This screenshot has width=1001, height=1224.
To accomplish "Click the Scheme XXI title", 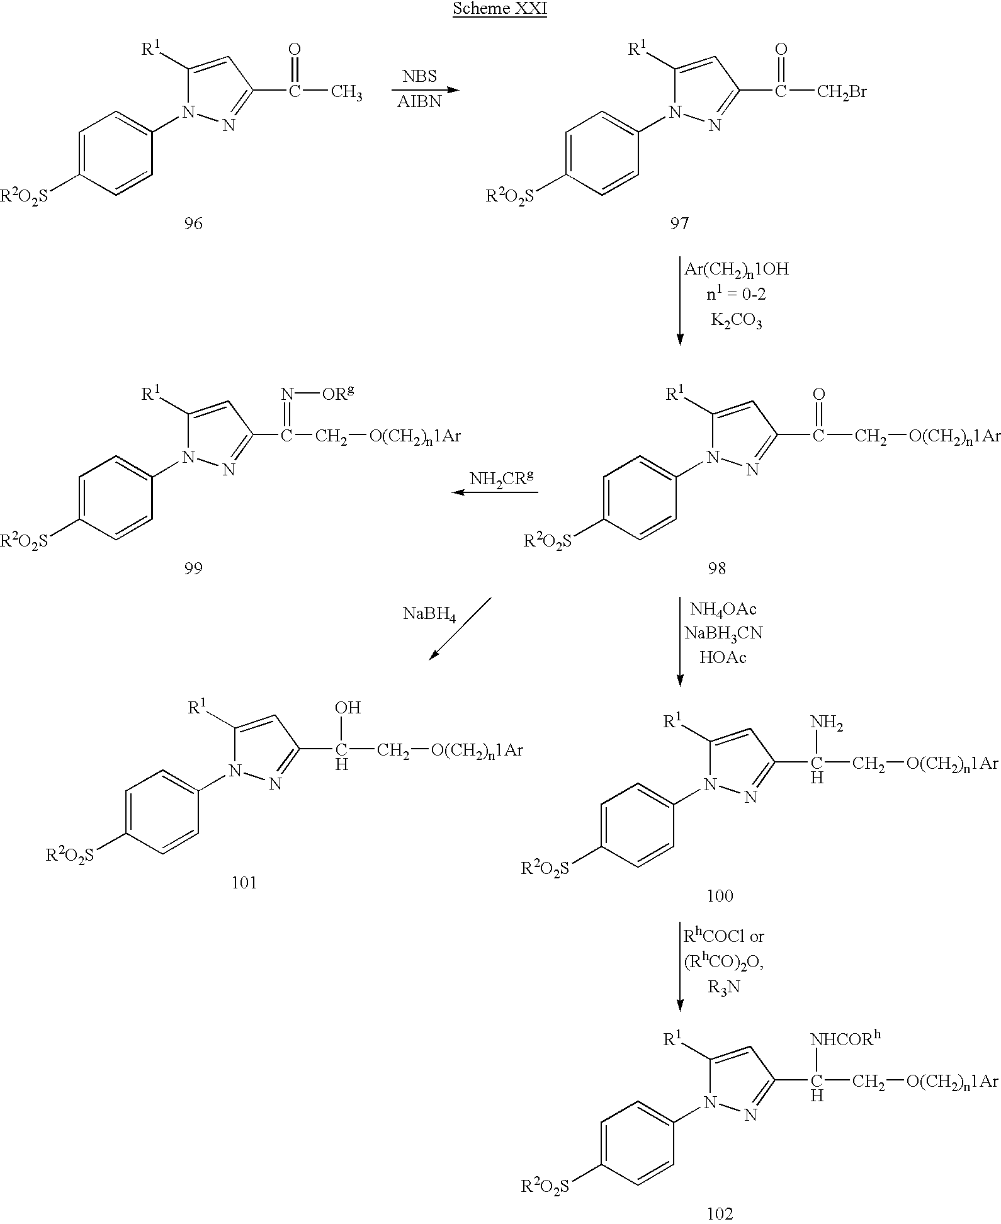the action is click(x=499, y=10).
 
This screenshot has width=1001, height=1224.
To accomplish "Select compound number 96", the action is click(x=193, y=223).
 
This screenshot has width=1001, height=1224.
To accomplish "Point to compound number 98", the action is click(x=717, y=569).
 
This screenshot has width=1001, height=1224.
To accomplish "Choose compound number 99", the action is click(x=193, y=569).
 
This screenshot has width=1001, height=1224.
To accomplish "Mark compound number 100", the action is click(x=720, y=895).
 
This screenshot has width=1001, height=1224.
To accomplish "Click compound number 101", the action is click(x=244, y=883).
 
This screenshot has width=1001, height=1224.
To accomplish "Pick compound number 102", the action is click(x=720, y=1213).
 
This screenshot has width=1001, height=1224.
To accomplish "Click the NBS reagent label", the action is click(x=420, y=77).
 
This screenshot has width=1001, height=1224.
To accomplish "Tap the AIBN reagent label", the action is click(x=419, y=102).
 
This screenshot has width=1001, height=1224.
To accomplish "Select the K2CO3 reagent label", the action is click(x=737, y=322).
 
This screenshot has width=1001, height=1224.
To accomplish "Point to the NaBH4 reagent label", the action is click(x=429, y=614).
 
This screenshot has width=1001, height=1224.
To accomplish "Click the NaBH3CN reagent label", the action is click(x=723, y=633).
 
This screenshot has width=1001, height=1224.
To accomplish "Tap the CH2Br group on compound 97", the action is click(x=842, y=93).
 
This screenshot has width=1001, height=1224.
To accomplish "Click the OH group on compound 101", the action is click(x=348, y=708).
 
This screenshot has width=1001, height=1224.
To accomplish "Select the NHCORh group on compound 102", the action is click(x=845, y=1039).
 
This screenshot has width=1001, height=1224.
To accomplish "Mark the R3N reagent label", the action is click(x=724, y=987).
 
